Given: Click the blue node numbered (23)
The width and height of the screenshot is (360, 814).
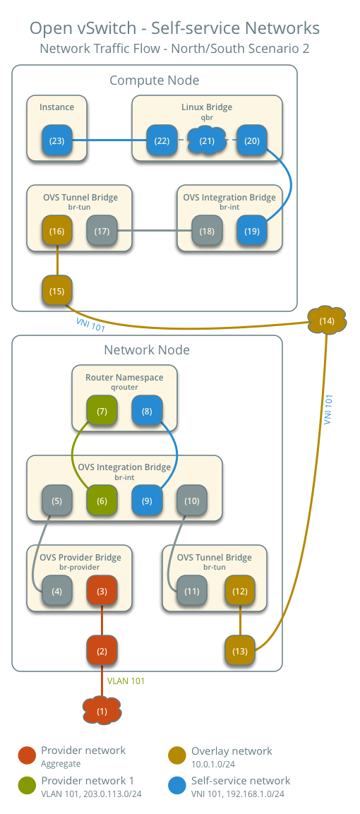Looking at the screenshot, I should [57, 140].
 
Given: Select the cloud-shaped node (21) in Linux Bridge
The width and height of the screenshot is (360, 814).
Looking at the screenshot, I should [206, 140].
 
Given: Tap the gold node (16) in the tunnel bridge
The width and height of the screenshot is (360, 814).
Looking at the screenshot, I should [57, 231].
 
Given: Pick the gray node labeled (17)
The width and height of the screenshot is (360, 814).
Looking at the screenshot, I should [102, 231].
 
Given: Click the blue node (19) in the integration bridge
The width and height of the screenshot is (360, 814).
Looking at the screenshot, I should [251, 231].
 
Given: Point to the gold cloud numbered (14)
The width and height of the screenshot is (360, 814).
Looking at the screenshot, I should [327, 321].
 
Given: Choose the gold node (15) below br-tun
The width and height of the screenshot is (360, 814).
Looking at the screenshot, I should [57, 290].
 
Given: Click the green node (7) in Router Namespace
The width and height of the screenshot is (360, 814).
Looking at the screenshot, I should [102, 411].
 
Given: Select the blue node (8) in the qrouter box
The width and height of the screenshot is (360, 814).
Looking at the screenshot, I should [147, 411].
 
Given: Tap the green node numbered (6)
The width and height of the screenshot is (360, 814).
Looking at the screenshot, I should [102, 501].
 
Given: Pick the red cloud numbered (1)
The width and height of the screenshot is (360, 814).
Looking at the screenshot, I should [102, 710].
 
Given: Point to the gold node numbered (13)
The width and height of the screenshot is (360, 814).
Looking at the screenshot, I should [240, 650].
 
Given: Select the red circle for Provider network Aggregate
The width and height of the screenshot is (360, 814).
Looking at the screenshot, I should [27, 755].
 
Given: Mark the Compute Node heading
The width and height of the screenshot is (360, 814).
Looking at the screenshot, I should [154, 80].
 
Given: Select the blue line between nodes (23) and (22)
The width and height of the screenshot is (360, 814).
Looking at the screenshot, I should [109, 140].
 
